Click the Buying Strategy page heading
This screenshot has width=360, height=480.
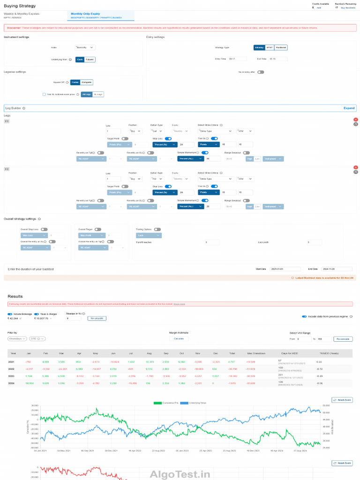click(x=19, y=6)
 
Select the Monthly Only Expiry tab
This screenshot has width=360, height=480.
click(x=85, y=14)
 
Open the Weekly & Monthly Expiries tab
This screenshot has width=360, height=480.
click(x=22, y=14)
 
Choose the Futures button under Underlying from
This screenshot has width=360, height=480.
click(x=90, y=60)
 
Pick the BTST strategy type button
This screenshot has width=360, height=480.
click(x=269, y=47)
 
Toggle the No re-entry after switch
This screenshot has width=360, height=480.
click(x=260, y=72)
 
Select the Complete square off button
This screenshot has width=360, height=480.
click(x=87, y=82)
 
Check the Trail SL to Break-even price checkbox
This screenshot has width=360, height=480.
click(x=44, y=94)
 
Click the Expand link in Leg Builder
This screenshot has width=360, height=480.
click(x=349, y=108)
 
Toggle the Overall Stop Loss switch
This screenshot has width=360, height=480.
click(x=44, y=229)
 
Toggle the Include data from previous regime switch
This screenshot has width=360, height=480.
click(x=305, y=316)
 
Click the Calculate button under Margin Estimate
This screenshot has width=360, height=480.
click(x=179, y=338)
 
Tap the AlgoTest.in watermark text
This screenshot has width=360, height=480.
click(x=180, y=474)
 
